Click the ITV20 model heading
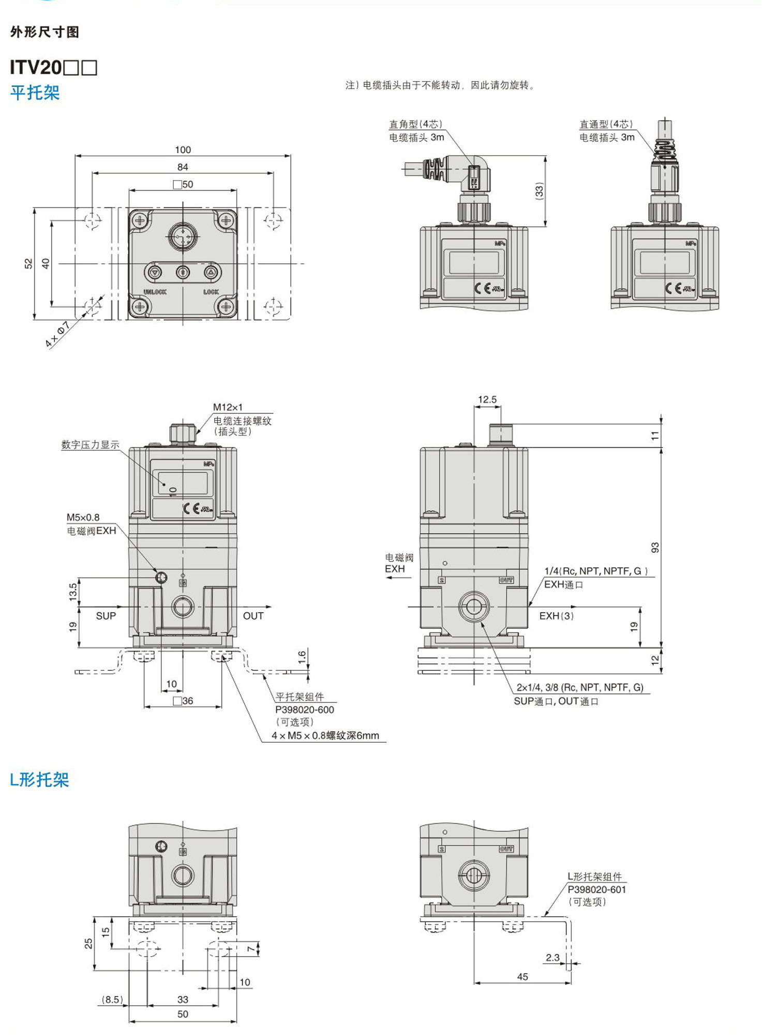(53, 67)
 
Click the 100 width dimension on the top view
(183, 150)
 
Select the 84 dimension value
(183, 167)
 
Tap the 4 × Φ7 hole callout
(57, 334)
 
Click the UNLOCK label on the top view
(155, 292)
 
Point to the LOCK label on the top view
(211, 292)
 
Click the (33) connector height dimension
(539, 190)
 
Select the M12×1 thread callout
(228, 407)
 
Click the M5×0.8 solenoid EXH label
(83, 517)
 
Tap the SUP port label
(106, 616)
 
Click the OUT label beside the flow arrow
(253, 616)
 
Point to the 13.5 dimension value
(73, 591)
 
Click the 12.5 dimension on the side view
(487, 399)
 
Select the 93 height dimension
(655, 547)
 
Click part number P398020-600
(304, 709)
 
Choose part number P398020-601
(596, 890)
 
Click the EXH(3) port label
(556, 616)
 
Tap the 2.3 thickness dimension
(553, 957)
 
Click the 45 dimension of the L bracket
(523, 976)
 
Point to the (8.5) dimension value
(112, 999)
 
